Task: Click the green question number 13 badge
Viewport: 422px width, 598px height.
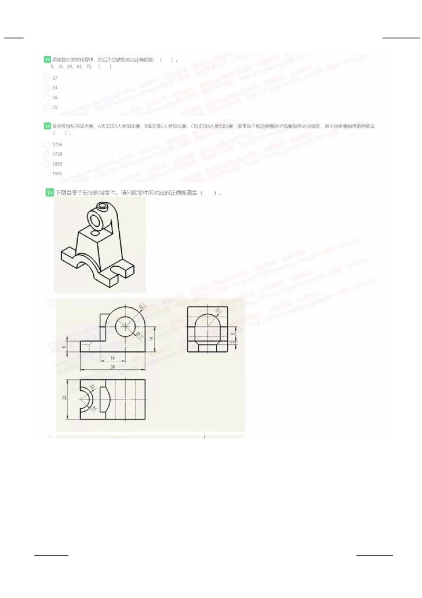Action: (x=47, y=60)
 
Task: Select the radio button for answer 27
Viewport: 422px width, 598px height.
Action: (x=47, y=78)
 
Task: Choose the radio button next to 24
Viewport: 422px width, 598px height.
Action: (x=47, y=88)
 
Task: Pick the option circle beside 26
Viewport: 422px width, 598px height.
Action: (x=47, y=98)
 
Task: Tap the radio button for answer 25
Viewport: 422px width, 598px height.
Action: (x=47, y=107)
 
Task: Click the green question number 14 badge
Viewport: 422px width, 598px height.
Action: (x=47, y=126)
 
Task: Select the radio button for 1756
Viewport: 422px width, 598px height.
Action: (x=47, y=144)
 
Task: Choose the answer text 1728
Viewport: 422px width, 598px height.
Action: (x=57, y=154)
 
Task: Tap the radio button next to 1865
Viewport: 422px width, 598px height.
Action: (x=47, y=164)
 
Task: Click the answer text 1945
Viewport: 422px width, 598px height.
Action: (x=57, y=174)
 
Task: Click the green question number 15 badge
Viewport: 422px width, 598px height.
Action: (x=50, y=193)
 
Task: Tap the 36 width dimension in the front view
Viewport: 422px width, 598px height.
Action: (x=112, y=367)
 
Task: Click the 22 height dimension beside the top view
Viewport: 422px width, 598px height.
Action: (x=65, y=398)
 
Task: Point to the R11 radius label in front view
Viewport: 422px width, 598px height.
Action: (x=142, y=308)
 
